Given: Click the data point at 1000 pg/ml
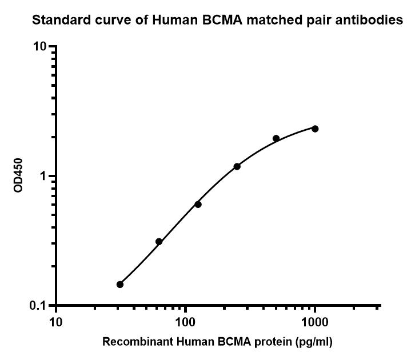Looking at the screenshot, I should (315, 129).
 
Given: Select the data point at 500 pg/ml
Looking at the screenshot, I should (276, 138).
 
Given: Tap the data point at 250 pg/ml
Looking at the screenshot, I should (237, 166).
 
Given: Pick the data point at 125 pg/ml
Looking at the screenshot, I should (198, 204).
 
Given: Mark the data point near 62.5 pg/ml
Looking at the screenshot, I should (159, 242).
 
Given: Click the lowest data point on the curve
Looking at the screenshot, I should (120, 285).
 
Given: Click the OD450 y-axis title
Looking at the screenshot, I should (18, 175).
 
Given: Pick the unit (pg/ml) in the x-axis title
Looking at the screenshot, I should (313, 343).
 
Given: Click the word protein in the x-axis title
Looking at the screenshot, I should (273, 343).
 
